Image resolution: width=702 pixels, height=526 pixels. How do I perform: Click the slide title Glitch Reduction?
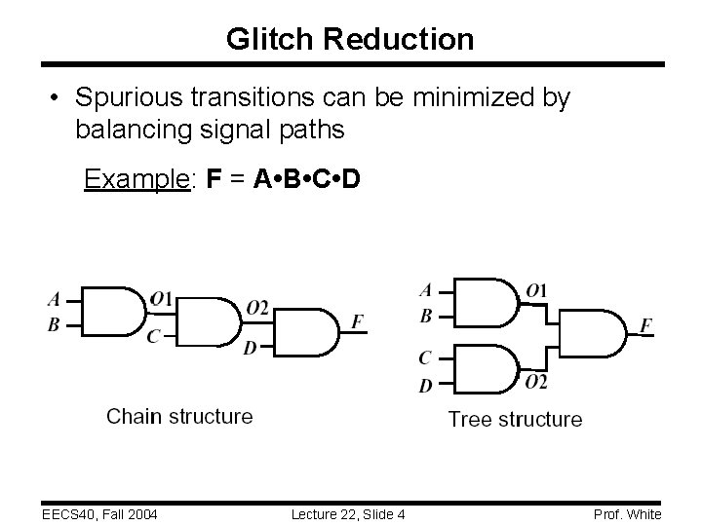(x=350, y=39)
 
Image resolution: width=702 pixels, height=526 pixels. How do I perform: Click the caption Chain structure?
(x=179, y=417)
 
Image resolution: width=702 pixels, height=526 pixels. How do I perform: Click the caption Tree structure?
(x=515, y=420)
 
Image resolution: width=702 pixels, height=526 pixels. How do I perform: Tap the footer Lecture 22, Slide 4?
(x=348, y=513)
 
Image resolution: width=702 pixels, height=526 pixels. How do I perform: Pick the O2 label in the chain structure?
(x=256, y=308)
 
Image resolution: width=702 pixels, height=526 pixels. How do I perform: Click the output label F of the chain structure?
(x=359, y=320)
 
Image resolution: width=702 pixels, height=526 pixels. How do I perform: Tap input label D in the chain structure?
(x=250, y=348)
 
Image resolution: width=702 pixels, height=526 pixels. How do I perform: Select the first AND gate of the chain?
(x=118, y=311)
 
